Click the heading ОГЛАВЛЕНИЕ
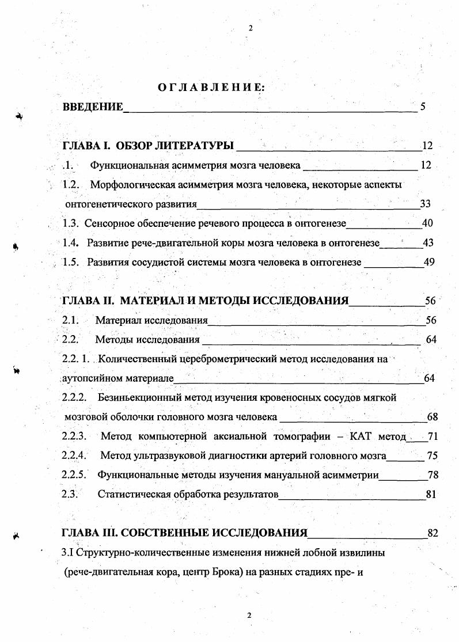pos(211,88)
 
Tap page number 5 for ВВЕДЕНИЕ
pos(423,107)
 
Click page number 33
pos(426,204)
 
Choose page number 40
pos(427,223)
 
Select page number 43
pos(428,243)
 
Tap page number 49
pos(428,262)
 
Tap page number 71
pos(433,436)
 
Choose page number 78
pos(433,475)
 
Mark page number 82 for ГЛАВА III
pos(433,533)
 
